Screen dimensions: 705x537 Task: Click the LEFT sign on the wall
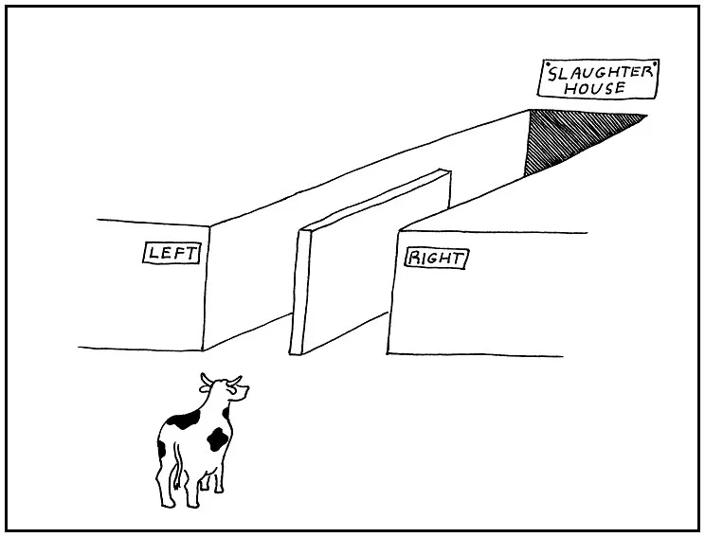tap(172, 253)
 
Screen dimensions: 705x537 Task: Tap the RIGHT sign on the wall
tap(435, 258)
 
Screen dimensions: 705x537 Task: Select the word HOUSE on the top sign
tap(596, 88)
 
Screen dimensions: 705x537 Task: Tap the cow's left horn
tap(204, 380)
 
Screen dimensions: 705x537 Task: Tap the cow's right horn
tap(237, 381)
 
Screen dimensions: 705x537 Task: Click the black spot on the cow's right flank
tap(219, 439)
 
